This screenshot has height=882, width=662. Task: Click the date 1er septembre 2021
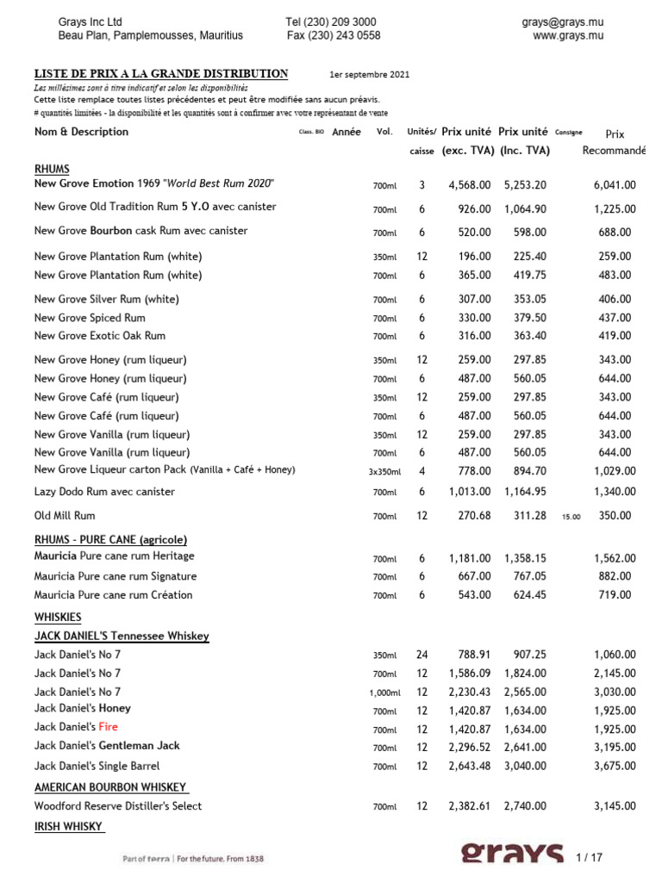[370, 75]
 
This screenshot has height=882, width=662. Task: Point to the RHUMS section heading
[52, 169]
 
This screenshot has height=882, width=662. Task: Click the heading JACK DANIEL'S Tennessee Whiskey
[122, 636]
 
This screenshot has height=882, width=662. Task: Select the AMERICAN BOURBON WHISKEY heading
[111, 787]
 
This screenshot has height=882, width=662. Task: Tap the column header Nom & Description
[81, 132]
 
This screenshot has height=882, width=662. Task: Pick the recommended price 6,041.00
[615, 184]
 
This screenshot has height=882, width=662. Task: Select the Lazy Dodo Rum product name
[104, 492]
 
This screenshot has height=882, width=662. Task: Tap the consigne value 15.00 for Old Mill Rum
[571, 517]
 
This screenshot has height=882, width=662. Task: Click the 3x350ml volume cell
[384, 472]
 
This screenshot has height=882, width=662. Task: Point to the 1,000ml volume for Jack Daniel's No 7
[384, 693]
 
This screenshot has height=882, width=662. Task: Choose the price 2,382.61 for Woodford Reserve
[470, 806]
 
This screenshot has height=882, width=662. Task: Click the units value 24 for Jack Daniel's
[422, 654]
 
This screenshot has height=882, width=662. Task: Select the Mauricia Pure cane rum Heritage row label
[114, 557]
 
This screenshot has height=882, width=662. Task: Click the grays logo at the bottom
[513, 854]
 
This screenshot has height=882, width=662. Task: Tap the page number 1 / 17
[590, 857]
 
